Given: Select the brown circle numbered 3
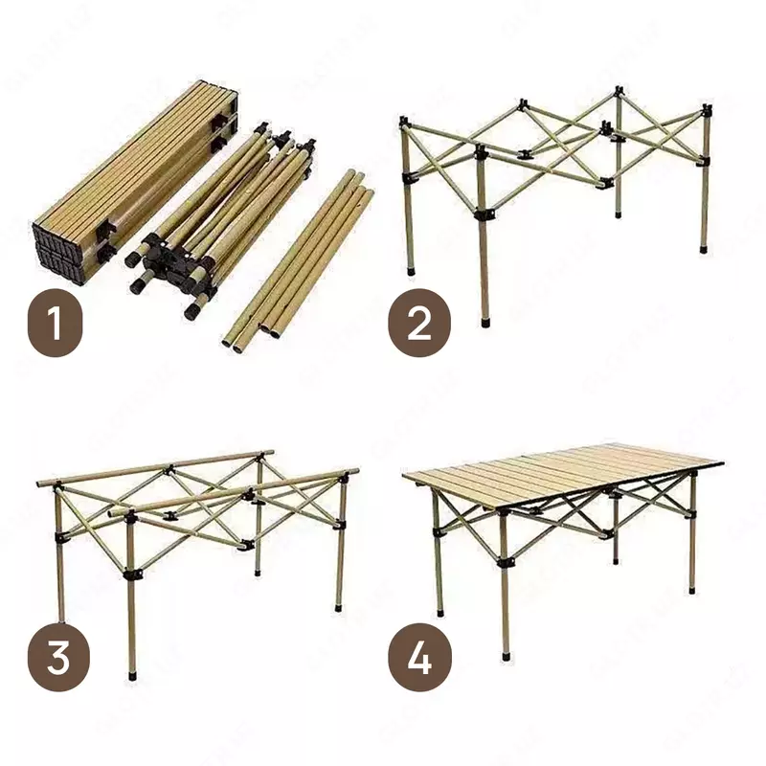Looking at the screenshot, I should click(x=58, y=661).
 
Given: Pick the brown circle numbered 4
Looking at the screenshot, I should click(x=418, y=661).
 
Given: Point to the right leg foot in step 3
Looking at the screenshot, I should click(x=340, y=605).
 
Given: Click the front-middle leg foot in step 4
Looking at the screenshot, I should click(x=506, y=657).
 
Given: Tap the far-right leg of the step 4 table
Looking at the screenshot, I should click(x=692, y=536).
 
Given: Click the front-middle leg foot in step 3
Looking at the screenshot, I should click(x=131, y=675).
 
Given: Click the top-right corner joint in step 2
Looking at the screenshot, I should click(x=707, y=108).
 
